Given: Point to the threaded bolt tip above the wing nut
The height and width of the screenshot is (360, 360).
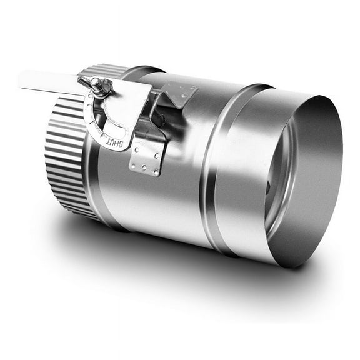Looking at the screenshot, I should (x=94, y=81).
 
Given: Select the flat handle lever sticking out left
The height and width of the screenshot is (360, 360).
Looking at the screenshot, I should (x=47, y=81).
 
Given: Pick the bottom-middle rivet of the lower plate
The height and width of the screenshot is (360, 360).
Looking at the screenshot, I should (x=146, y=168).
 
